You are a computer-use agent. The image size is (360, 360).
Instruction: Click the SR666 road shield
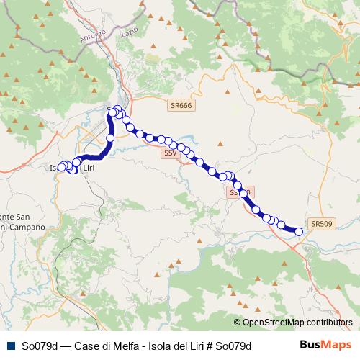pos(181,106)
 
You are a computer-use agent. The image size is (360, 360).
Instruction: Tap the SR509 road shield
pos(321,224)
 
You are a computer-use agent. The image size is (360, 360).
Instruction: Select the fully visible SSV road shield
pos(170,153)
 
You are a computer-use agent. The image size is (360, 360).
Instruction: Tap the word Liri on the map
pos(89,168)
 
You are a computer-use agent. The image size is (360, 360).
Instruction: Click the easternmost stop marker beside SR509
pos(299,231)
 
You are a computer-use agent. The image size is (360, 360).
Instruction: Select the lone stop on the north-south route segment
pos(110,138)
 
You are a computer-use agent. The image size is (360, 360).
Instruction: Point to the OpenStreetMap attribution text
pos(297,323)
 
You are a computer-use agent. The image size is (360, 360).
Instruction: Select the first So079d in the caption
pos(40,346)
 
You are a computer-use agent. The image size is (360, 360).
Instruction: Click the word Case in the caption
pos(86,346)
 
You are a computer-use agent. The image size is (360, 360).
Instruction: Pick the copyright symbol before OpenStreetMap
pos(237,323)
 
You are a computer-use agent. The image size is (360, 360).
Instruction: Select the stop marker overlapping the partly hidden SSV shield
pos(243,193)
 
